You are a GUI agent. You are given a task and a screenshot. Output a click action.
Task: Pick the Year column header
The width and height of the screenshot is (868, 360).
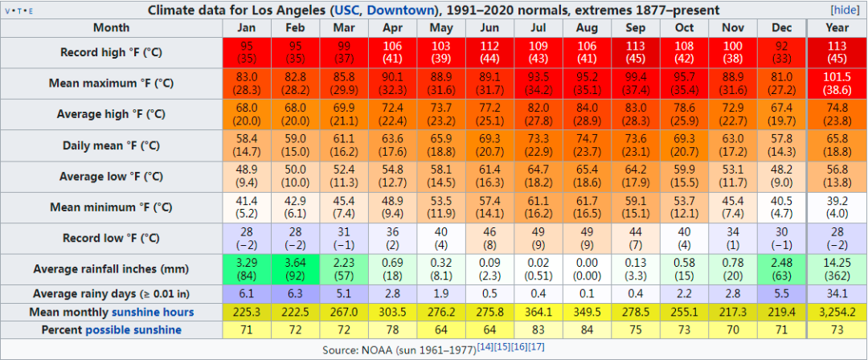coord(836,27)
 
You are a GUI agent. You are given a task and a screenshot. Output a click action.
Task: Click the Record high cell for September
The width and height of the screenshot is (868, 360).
coord(634,52)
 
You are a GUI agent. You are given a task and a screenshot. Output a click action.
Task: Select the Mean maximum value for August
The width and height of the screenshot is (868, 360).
coord(587,83)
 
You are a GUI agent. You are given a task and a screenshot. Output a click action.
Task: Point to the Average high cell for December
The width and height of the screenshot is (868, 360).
coord(780,114)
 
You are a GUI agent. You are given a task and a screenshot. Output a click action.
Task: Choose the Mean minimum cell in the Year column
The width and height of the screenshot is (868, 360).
coord(836,207)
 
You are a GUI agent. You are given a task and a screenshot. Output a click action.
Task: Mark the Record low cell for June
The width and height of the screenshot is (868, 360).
coord(489,238)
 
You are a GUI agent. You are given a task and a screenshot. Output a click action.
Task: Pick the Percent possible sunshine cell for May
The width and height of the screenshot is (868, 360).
coord(441,329)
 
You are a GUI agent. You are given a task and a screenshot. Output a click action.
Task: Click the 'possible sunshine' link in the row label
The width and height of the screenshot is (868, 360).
coord(133,329)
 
